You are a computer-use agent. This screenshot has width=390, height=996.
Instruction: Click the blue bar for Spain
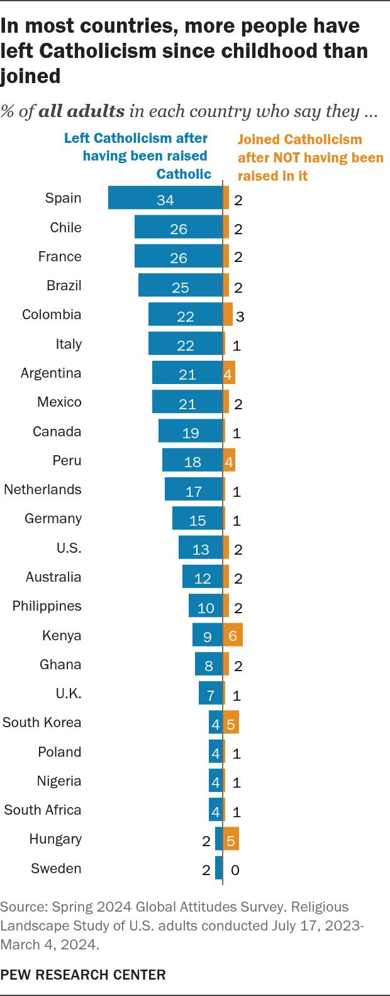165,198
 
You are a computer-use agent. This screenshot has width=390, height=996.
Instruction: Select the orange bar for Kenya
233,635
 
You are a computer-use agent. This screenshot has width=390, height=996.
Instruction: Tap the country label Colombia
52,315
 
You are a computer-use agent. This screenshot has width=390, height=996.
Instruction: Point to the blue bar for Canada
191,431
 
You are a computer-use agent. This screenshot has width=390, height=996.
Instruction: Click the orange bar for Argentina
229,373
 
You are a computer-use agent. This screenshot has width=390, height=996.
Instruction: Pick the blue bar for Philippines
206,606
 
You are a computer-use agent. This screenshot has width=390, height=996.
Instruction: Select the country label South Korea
42,723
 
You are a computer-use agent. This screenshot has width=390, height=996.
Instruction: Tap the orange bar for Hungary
231,839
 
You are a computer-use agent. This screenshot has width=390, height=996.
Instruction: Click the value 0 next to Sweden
235,870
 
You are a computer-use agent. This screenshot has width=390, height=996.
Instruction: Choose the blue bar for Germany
198,518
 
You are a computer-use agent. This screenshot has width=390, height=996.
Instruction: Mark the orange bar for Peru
229,460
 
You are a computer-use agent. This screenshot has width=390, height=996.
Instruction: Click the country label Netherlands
43,490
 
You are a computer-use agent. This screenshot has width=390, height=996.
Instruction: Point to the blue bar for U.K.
211,693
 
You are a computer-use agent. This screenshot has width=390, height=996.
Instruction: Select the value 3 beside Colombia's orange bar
240,317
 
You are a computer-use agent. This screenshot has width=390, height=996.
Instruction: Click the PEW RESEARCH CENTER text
83,975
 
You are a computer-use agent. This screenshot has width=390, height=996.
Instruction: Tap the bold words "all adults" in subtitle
82,111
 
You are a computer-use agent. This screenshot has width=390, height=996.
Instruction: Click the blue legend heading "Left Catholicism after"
136,138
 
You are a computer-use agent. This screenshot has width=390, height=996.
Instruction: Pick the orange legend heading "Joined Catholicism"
299,140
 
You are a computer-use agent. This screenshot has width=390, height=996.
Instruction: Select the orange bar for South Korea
231,723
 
